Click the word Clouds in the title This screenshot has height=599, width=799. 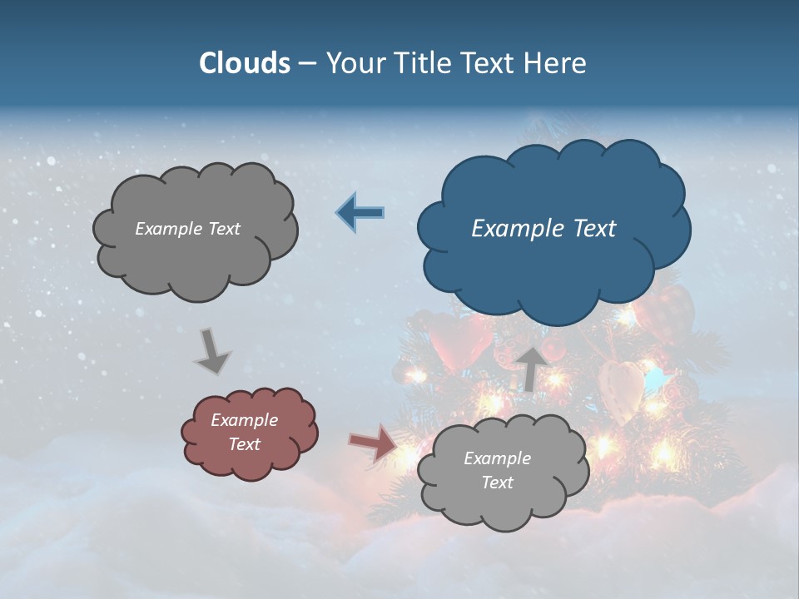[x=245, y=63]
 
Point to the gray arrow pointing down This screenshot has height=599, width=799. [x=211, y=350]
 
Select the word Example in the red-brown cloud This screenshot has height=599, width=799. [x=244, y=420]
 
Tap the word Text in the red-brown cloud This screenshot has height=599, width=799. [x=244, y=444]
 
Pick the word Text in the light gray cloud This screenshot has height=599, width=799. [x=497, y=483]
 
